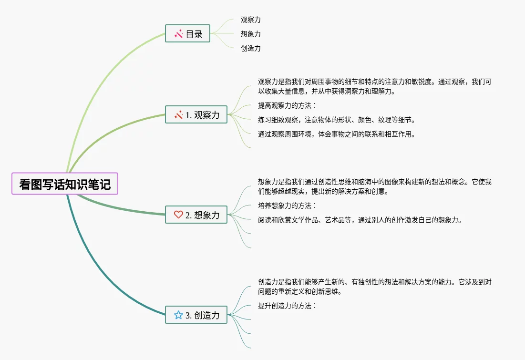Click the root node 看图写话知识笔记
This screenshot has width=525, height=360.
pyautogui.click(x=65, y=184)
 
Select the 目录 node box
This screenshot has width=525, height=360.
pyautogui.click(x=187, y=33)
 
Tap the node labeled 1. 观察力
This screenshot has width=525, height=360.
pyautogui.click(x=196, y=114)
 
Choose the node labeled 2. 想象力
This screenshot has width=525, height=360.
pyautogui.click(x=196, y=215)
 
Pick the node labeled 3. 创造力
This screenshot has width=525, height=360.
pyautogui.click(x=196, y=315)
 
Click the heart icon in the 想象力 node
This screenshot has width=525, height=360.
pyautogui.click(x=178, y=215)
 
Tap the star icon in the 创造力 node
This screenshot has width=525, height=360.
pyautogui.click(x=178, y=315)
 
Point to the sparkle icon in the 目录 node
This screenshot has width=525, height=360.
pyautogui.click(x=179, y=33)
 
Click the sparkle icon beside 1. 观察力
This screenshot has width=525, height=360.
pyautogui.click(x=179, y=114)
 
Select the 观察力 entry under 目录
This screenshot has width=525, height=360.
pyautogui.click(x=251, y=20)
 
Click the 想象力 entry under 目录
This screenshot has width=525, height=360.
pyautogui.click(x=251, y=34)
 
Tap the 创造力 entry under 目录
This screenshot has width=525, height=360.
pyautogui.click(x=251, y=48)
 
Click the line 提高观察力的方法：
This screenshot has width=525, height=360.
pyautogui.click(x=287, y=105)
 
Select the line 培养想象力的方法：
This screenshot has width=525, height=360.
pyautogui.click(x=287, y=206)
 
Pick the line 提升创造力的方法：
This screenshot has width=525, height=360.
pyautogui.click(x=287, y=306)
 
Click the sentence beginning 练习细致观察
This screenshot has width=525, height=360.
pyautogui.click(x=337, y=120)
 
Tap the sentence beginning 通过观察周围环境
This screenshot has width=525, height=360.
pyautogui.click(x=337, y=134)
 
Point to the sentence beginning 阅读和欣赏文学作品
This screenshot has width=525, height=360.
pyautogui.click(x=360, y=220)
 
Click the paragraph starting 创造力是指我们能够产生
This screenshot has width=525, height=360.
pyautogui.click(x=374, y=287)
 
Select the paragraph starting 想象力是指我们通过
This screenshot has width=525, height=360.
pyautogui.click(x=374, y=186)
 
